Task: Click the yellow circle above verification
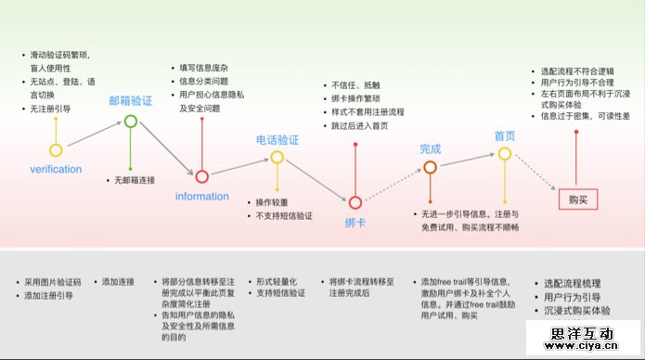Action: click(56, 150)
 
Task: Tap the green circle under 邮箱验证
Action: click(131, 121)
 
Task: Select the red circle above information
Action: click(201, 176)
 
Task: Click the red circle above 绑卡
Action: click(354, 202)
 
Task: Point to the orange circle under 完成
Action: click(430, 168)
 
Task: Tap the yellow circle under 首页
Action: click(504, 154)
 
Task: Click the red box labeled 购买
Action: click(577, 199)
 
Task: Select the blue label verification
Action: click(56, 170)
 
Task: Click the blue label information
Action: click(201, 196)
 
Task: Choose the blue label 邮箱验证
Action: click(131, 101)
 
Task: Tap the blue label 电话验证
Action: click(277, 139)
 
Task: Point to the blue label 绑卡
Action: click(354, 222)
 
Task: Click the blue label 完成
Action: click(430, 148)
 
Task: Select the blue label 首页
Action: click(504, 135)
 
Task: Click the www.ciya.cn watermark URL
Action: click(589, 349)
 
